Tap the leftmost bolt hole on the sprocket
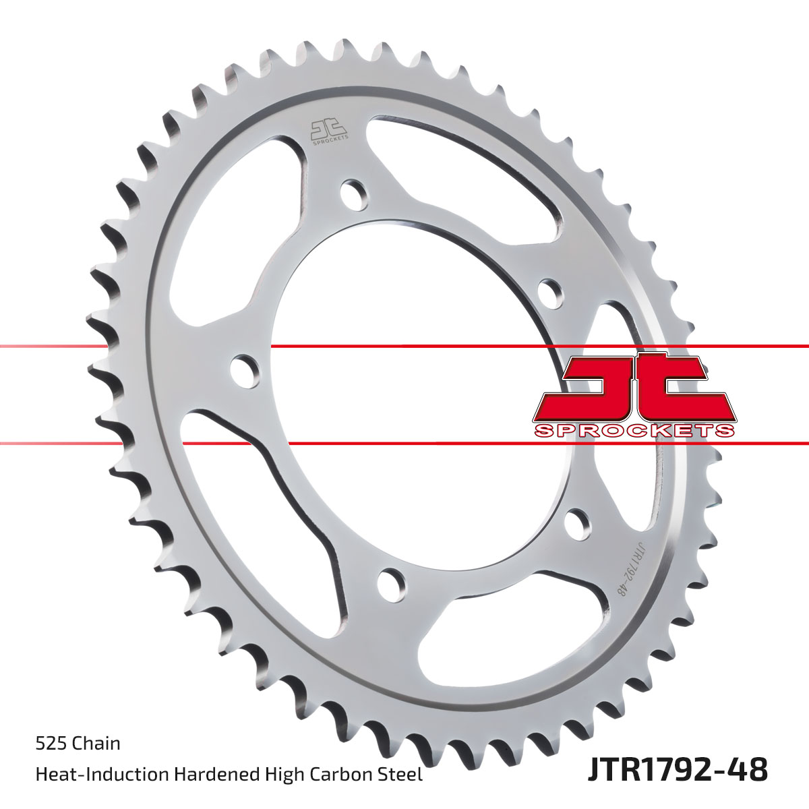245,371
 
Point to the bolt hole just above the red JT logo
550,292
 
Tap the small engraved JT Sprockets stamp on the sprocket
329,131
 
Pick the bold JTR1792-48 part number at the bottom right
677,769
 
